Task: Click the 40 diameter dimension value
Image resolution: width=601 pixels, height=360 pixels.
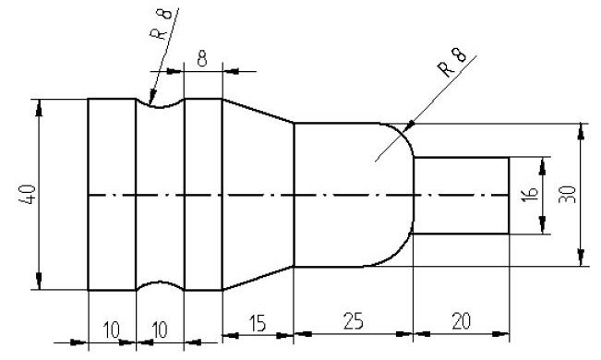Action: [29, 195]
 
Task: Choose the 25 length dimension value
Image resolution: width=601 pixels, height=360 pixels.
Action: [352, 322]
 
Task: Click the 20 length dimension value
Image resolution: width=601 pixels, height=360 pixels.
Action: [460, 322]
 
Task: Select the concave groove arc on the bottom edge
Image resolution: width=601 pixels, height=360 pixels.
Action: [161, 285]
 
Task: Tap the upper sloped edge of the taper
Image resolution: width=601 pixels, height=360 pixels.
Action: [258, 110]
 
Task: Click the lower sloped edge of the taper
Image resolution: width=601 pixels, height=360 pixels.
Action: [258, 279]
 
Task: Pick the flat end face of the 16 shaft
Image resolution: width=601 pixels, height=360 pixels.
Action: [509, 196]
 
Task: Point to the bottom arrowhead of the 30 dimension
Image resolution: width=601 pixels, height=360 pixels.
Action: [580, 260]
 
